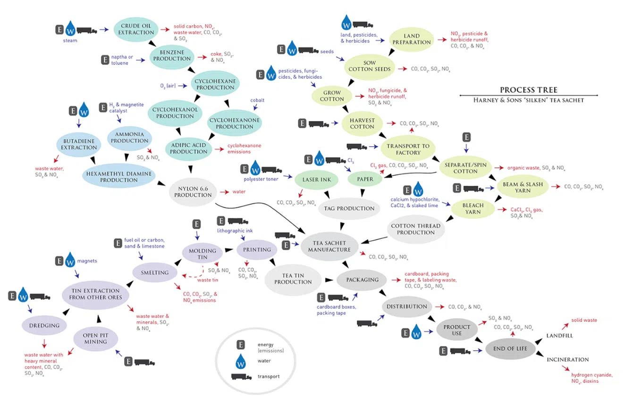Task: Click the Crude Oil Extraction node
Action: click(136, 30)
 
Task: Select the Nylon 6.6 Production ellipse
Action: click(193, 192)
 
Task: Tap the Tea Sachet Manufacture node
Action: click(329, 247)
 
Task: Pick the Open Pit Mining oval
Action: click(95, 338)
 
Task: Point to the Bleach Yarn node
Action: click(473, 209)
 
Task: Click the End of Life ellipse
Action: click(510, 349)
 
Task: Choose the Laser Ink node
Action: click(316, 180)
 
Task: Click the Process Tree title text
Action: click(529, 90)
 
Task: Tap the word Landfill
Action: click(559, 336)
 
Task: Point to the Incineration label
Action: click(568, 360)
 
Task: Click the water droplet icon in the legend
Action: click(240, 361)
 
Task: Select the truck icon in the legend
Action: click(241, 377)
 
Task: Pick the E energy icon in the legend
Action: click(241, 345)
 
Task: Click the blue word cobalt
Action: click(257, 100)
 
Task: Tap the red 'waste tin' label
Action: click(208, 280)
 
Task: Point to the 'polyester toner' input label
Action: click(261, 179)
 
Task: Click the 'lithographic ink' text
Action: click(235, 231)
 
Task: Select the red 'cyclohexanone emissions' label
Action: click(245, 148)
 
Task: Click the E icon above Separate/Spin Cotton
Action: click(467, 137)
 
